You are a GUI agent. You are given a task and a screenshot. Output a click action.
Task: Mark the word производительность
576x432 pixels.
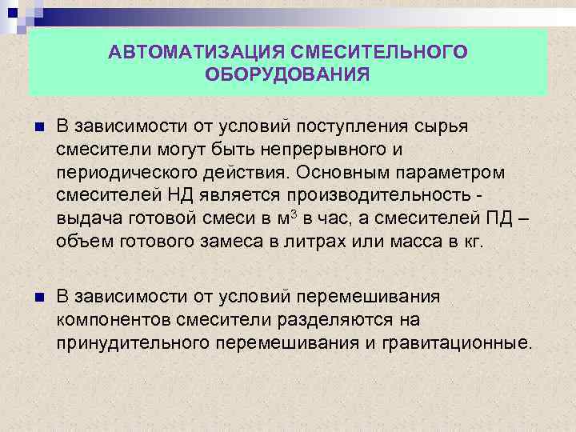click(x=375, y=196)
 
